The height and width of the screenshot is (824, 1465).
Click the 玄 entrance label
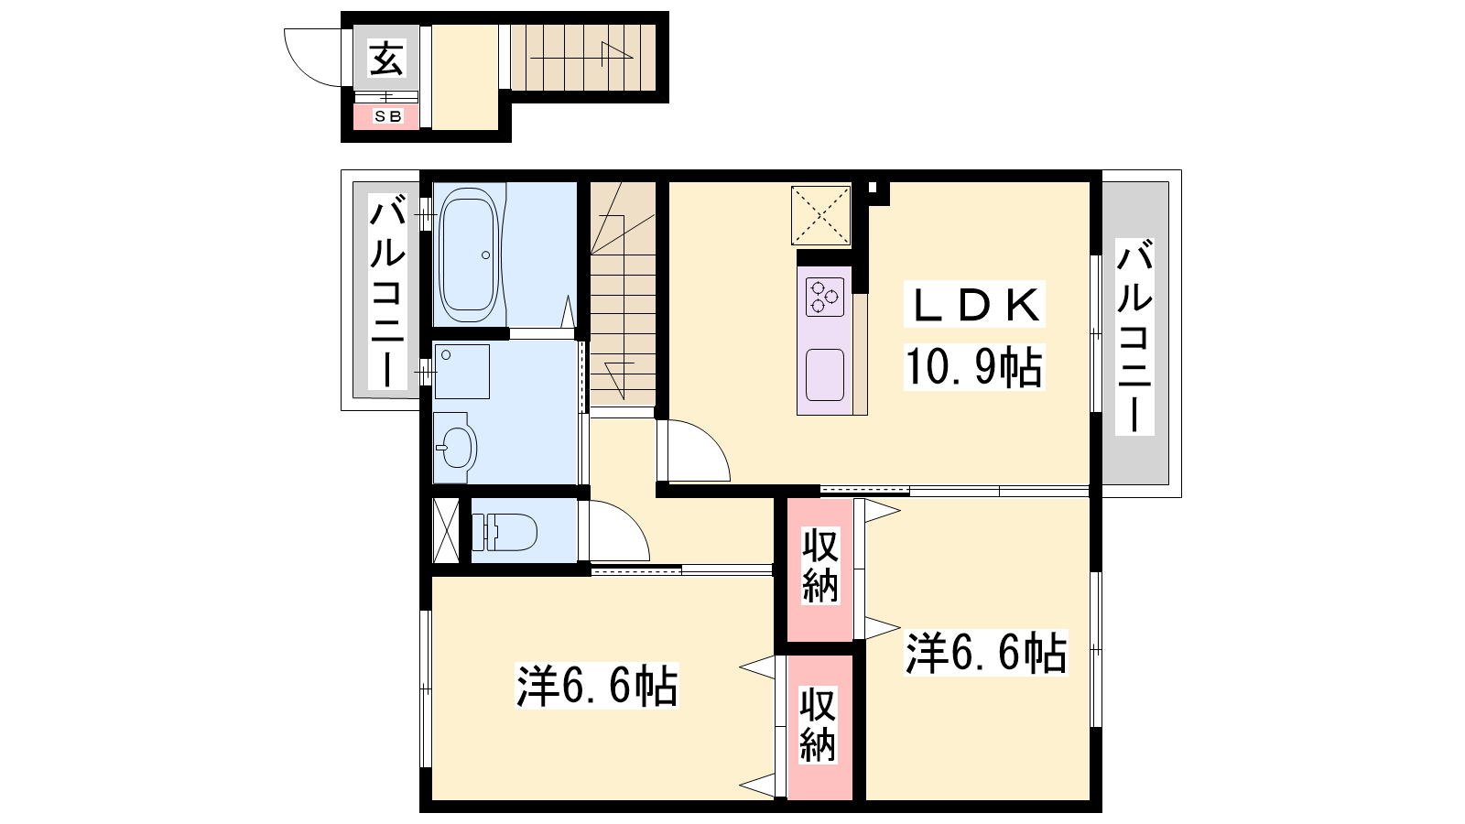click(385, 58)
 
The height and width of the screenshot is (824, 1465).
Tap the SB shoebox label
click(387, 116)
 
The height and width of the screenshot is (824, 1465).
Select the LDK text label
click(974, 305)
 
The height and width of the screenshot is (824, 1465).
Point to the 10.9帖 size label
click(974, 367)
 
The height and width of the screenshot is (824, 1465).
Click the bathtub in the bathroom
click(469, 255)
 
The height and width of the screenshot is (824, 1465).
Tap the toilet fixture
click(505, 531)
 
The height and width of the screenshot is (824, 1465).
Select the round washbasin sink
click(456, 448)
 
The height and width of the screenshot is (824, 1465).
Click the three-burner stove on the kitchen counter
click(825, 298)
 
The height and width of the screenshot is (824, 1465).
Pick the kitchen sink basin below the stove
click(825, 374)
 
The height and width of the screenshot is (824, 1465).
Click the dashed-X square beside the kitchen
click(820, 216)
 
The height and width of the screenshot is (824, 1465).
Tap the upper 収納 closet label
click(820, 566)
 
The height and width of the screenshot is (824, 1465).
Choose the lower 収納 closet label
click(818, 725)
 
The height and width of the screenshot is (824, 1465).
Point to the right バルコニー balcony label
click(1134, 336)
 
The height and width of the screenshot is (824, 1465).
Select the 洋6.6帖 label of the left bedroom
click(597, 686)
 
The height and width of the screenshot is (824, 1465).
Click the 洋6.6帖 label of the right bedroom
click(986, 653)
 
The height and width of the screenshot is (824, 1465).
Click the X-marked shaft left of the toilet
click(446, 530)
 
